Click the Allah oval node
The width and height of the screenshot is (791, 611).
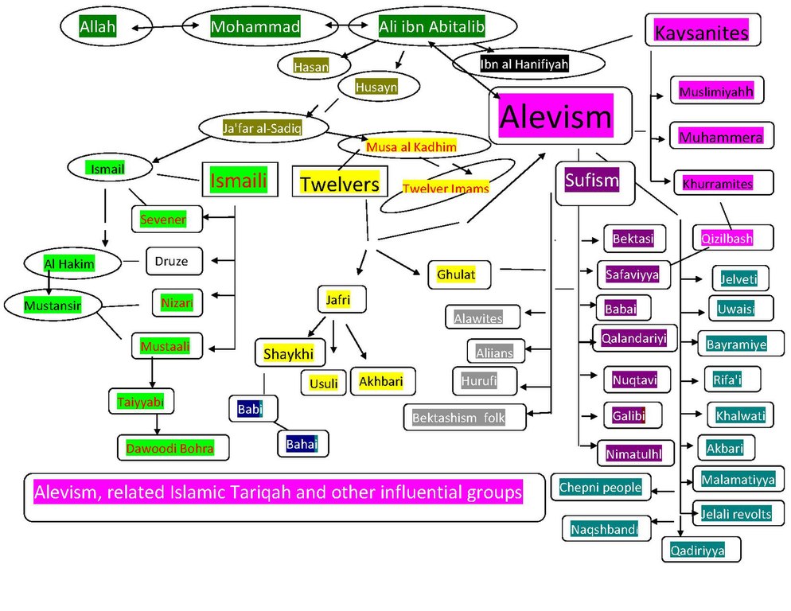(98, 28)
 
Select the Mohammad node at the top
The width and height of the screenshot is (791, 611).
(255, 28)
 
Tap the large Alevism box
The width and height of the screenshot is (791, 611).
(556, 116)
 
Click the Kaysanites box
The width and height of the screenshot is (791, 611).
(701, 33)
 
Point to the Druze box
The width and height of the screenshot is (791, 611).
(173, 259)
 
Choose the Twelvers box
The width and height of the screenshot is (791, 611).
(339, 183)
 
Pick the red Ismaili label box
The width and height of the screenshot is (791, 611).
(238, 181)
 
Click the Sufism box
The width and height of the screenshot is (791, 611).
(591, 181)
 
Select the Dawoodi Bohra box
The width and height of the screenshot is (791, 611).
(169, 448)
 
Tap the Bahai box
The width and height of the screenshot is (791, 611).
(302, 442)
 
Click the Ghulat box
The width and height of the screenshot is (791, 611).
(456, 275)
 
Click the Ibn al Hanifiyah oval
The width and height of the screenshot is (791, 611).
(524, 64)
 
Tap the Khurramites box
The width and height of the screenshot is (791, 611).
(717, 184)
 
